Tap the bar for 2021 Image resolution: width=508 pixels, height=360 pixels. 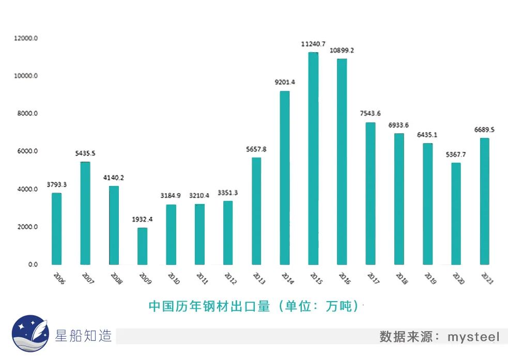click(x=484, y=201)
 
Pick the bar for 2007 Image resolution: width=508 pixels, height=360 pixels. click(x=85, y=213)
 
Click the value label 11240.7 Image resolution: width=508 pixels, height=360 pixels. click(x=313, y=44)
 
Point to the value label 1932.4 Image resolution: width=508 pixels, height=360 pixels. click(x=142, y=220)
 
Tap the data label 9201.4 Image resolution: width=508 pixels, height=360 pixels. click(x=285, y=82)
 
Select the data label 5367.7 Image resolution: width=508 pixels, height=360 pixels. click(x=456, y=154)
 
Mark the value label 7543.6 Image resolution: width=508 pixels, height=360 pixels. click(x=370, y=114)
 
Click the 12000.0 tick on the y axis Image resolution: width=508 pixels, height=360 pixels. click(x=26, y=38)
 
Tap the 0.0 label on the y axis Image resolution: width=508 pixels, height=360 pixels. click(x=33, y=264)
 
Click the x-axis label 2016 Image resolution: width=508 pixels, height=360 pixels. click(x=344, y=278)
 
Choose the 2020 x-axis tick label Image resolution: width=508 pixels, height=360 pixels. click(x=458, y=278)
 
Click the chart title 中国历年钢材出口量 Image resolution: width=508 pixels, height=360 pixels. click(x=209, y=306)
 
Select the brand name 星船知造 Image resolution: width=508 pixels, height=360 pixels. click(x=83, y=336)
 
